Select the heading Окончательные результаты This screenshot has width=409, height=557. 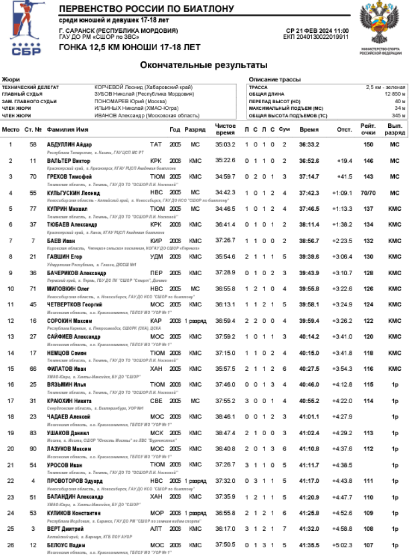[204, 66]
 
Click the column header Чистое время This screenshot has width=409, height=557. [225, 129]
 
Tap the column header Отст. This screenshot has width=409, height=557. [344, 130]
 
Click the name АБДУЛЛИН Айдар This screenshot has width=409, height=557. [69, 144]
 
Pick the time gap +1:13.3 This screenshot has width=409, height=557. [342, 209]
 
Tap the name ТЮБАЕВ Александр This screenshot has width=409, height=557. [72, 224]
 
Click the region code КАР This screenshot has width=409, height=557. [156, 321]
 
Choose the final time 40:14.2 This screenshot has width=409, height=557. [309, 336]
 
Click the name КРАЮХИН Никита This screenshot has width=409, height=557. [69, 401]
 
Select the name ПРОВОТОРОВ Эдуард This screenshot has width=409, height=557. [75, 481]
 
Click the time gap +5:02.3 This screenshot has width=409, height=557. [342, 544]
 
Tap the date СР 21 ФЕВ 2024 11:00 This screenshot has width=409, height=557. [317, 31]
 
